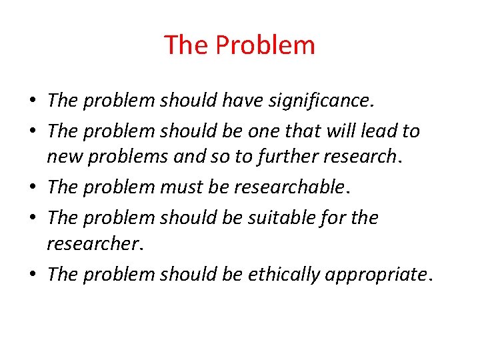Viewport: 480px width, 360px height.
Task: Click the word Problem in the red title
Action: tap(266, 46)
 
